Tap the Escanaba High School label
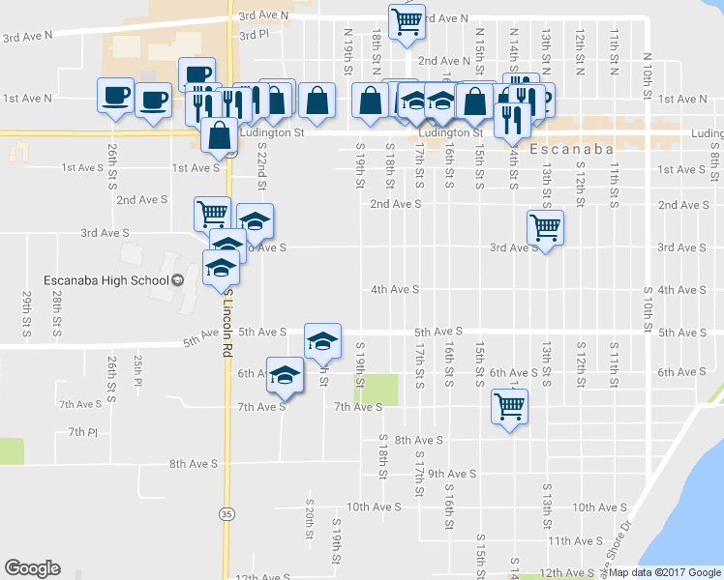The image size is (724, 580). [106, 280]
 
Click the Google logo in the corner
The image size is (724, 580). [32, 568]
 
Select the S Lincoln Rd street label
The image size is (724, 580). [228, 323]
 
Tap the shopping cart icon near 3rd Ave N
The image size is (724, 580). [407, 21]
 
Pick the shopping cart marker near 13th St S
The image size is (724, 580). [546, 228]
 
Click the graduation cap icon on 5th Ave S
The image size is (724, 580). [323, 339]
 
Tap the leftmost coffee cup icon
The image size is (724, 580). [115, 96]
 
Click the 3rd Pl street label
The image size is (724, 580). [253, 34]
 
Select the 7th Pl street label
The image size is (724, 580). [82, 431]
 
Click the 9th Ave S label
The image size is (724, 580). [452, 474]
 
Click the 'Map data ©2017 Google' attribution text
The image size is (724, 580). [664, 572]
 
